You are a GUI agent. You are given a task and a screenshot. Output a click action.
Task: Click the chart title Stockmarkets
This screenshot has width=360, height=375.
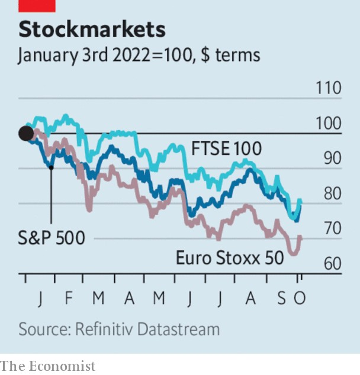pos(92,29)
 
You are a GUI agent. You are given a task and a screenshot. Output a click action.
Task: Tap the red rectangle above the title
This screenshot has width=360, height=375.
pos(37,5)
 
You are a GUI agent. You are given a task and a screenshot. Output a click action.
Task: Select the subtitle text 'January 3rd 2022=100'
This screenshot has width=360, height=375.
pos(104,56)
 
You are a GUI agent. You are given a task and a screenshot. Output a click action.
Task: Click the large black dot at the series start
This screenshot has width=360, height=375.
pos(26,133)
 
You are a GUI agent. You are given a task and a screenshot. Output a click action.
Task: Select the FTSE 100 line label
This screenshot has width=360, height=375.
pos(227,149)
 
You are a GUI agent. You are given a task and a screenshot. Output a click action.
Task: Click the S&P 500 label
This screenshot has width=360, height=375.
pos(52,238)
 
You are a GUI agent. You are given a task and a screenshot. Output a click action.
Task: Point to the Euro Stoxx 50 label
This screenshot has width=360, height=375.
pos(234,259)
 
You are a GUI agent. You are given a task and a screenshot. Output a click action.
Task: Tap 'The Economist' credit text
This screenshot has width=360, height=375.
pos(48,366)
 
